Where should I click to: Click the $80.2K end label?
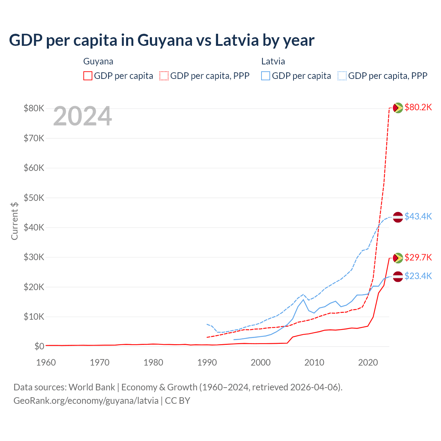(418, 107)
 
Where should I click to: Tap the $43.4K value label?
(418, 216)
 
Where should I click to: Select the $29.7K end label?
(418, 257)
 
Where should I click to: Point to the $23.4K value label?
(418, 276)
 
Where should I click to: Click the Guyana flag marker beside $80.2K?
(398, 108)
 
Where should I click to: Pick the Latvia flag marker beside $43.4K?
(398, 217)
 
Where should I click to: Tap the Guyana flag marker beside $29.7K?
(398, 258)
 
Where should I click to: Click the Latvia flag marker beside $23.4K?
(398, 276)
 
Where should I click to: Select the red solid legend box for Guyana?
(88, 76)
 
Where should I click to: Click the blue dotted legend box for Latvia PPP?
(342, 76)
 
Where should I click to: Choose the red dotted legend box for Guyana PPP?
(164, 76)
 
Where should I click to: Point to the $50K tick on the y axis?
(34, 198)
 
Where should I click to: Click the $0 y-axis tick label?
(39, 346)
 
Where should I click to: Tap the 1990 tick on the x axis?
(207, 362)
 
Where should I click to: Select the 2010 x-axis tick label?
(314, 362)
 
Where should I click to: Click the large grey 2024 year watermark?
(82, 116)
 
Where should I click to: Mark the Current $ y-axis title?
(14, 221)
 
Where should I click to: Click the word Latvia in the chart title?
(237, 40)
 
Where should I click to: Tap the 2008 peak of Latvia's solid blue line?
(303, 299)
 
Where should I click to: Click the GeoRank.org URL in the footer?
(86, 401)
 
